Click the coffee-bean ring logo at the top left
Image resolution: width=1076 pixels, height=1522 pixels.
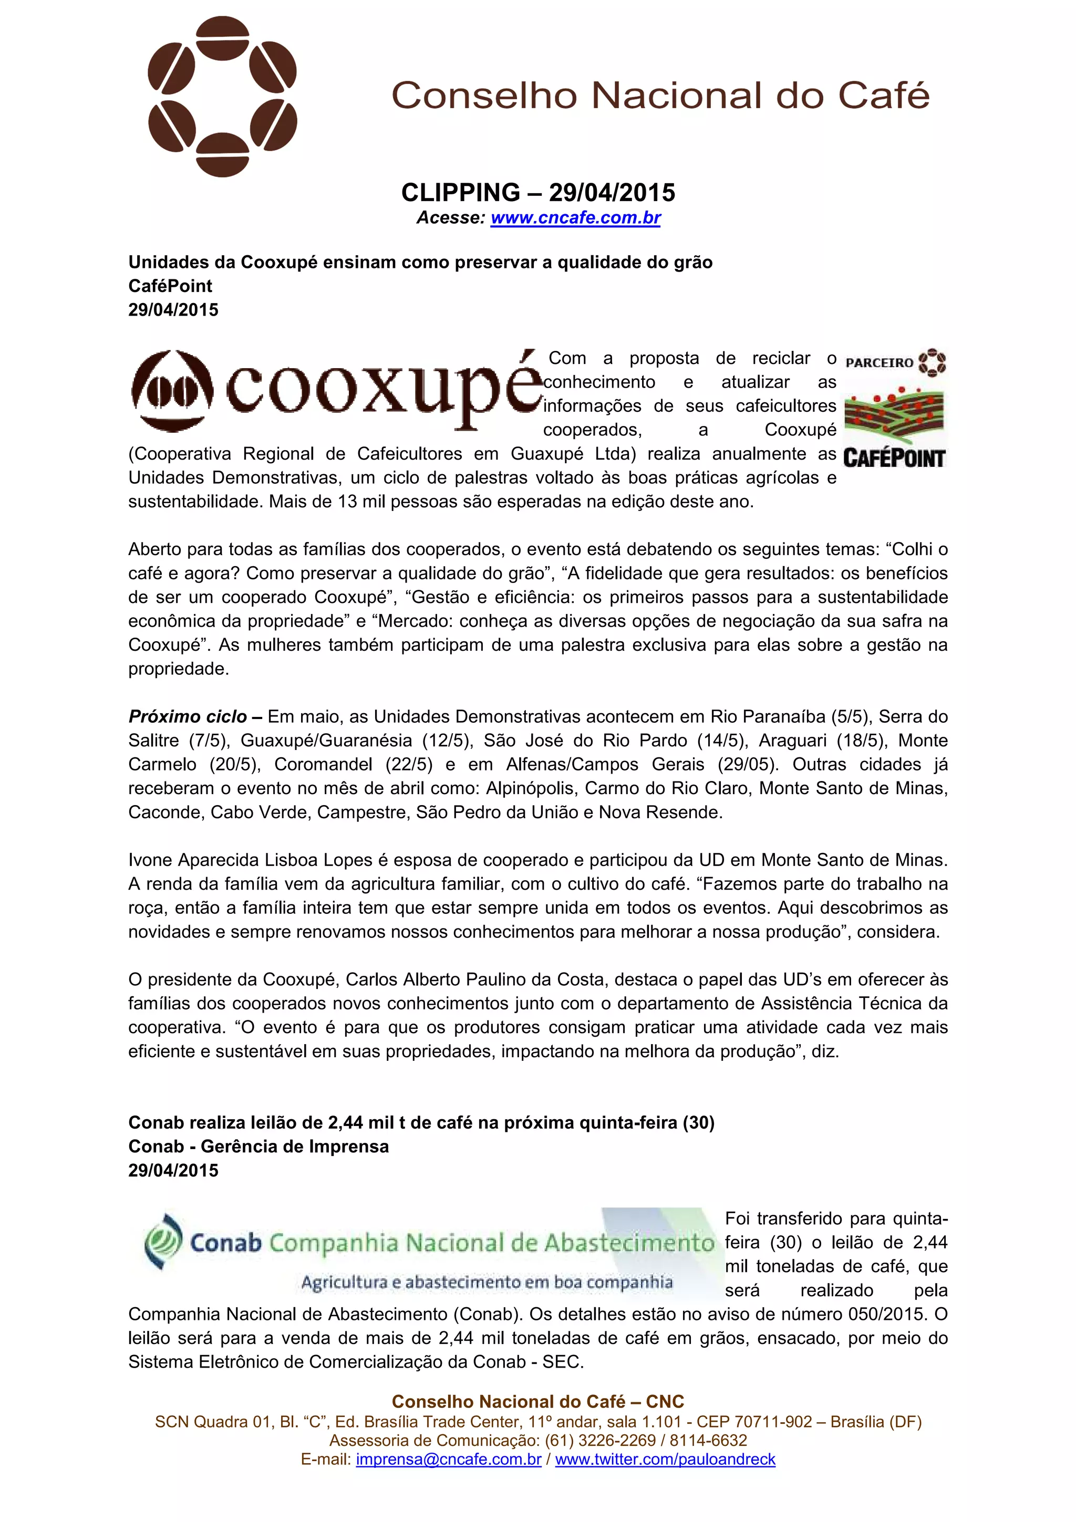222,97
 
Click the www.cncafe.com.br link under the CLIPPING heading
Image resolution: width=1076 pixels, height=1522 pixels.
575,217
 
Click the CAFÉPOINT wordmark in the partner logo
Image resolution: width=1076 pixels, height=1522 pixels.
894,458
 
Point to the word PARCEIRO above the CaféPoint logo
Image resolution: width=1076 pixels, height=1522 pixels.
879,362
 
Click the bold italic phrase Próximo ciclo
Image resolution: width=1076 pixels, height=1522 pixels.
188,716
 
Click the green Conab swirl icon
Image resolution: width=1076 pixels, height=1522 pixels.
162,1242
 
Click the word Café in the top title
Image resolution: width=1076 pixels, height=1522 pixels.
884,96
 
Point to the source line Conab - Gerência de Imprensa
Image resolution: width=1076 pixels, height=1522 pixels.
258,1146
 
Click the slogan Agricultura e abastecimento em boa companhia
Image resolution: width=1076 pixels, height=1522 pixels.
487,1282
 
